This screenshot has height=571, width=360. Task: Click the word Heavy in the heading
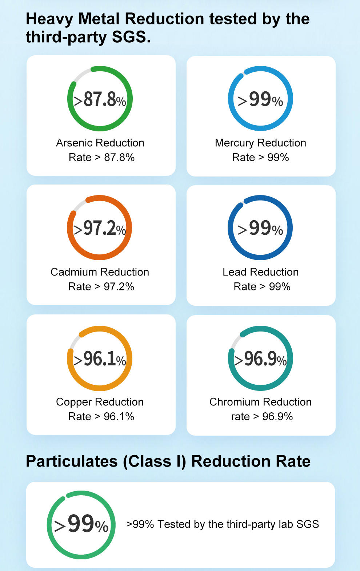(49, 19)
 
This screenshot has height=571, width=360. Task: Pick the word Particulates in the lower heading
(72, 461)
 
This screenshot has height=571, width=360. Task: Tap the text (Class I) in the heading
(154, 461)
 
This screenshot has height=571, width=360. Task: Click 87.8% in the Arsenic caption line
(119, 157)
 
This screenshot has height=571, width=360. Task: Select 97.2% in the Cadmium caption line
(119, 286)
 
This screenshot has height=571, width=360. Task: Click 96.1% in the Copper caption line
(119, 416)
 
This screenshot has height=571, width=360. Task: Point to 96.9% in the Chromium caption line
(277, 416)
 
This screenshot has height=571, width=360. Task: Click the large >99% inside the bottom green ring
(81, 524)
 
